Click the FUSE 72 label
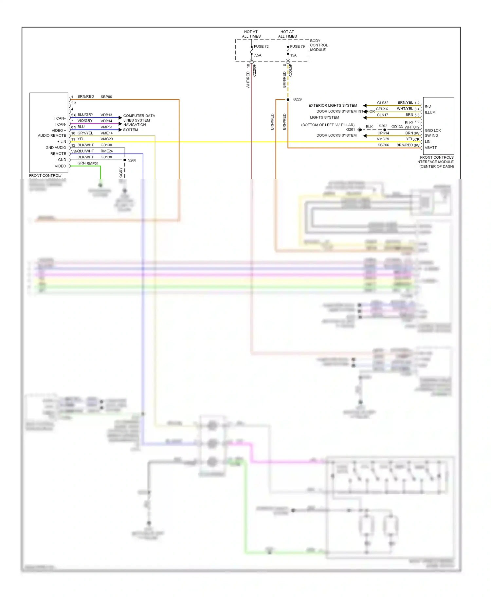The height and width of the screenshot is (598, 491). point(261,46)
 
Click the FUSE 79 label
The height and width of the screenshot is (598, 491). point(297,46)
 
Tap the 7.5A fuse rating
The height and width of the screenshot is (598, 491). point(258,55)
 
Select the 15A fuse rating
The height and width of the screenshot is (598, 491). point(293,55)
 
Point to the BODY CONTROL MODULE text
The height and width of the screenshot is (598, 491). point(318,45)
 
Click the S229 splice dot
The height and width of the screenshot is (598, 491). point(288,99)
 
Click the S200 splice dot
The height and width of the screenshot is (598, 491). point(125,160)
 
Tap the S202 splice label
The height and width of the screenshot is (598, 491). point(383,126)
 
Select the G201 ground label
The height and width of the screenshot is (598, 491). point(350,130)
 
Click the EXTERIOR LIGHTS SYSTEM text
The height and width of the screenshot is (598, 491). point(333,105)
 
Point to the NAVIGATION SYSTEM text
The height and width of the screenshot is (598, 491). point(135,127)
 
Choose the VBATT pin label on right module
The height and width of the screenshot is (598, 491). point(430,148)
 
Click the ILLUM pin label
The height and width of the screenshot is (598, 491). point(430,112)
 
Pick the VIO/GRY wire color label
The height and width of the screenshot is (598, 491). point(85,121)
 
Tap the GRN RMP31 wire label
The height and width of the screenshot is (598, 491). point(88,163)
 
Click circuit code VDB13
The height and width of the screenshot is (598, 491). point(106,115)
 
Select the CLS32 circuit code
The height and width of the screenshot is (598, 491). point(382,103)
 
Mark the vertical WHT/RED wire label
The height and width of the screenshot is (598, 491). point(248,80)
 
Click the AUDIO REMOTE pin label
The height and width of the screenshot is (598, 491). point(52,135)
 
